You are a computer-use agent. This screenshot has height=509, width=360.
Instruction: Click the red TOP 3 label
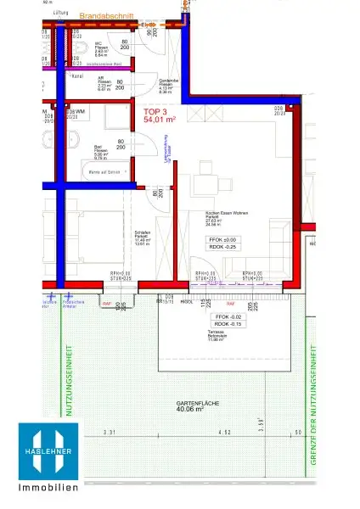coord(156,111)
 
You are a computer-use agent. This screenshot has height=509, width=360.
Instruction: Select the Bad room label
coord(98,146)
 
